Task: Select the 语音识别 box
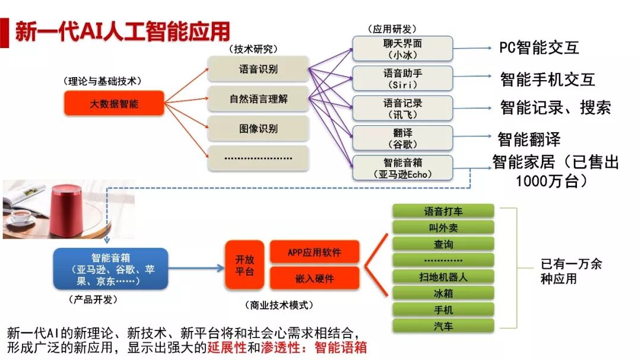tap(258, 69)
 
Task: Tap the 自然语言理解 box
tap(258, 99)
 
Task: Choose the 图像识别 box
tap(258, 129)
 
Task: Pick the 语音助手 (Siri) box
tap(402, 79)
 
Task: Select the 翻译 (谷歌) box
tap(402, 138)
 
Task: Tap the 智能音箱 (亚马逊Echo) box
tap(402, 167)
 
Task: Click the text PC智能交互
tap(539, 48)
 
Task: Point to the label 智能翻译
tap(529, 140)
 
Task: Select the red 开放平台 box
tap(244, 265)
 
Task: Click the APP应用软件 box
tap(314, 252)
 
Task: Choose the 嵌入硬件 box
tap(314, 278)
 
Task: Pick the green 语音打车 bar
tap(443, 211)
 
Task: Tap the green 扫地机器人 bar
tap(443, 276)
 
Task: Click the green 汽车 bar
tap(443, 326)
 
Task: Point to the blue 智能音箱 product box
tap(110, 269)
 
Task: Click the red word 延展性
tap(227, 347)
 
